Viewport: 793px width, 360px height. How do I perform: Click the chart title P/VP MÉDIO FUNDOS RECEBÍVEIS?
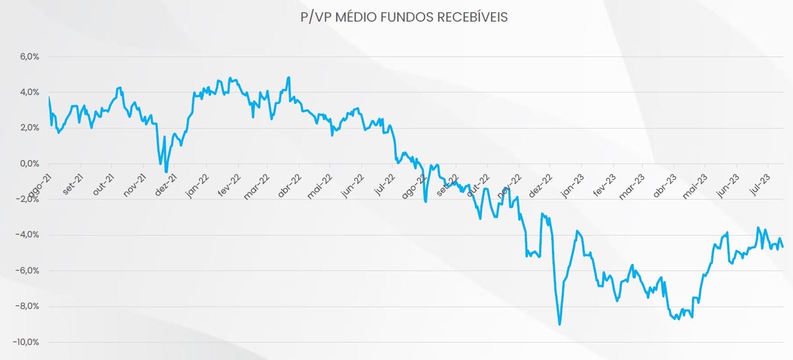(x=404, y=17)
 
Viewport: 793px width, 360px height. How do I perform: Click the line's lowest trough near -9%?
(x=560, y=325)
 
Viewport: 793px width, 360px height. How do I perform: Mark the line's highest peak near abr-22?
(x=289, y=77)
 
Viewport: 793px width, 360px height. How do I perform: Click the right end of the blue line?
(x=782, y=246)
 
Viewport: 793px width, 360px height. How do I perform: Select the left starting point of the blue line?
(x=49, y=97)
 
